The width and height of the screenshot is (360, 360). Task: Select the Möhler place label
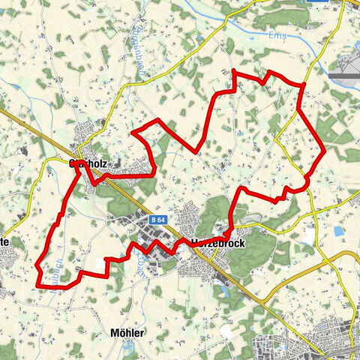(x=127, y=332)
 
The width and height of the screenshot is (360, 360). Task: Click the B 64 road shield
(x=157, y=220)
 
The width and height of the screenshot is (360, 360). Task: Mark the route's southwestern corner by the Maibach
(x=37, y=284)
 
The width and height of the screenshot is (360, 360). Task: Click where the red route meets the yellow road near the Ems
(x=303, y=85)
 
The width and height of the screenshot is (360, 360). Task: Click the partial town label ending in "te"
(x=4, y=242)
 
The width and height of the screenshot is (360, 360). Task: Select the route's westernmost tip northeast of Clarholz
(x=133, y=133)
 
